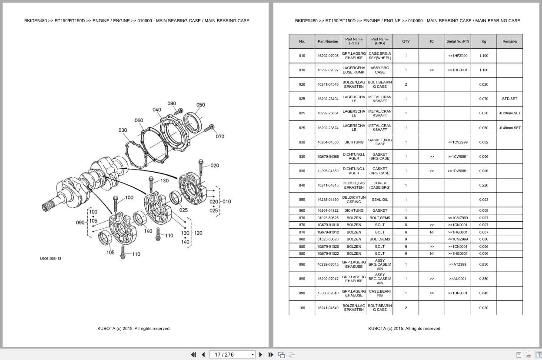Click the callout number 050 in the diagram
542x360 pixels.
tap(200, 105)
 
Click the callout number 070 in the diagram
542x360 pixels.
tap(220, 137)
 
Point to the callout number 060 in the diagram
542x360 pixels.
tap(139, 120)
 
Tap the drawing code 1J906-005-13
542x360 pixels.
tap(50, 259)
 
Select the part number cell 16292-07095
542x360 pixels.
tap(328, 56)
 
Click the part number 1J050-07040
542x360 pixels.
tap(328, 293)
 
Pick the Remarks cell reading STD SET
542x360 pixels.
tap(509, 99)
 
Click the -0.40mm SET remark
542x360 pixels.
tap(509, 128)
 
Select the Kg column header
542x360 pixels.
tap(483, 41)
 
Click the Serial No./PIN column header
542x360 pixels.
tap(457, 41)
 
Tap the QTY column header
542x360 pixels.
tap(406, 41)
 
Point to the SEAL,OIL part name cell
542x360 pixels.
tap(379, 200)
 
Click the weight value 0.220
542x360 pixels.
tap(483, 185)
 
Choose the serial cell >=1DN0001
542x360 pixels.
tap(457, 293)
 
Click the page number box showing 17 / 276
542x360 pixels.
tap(232, 354)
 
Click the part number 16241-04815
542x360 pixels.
tap(328, 185)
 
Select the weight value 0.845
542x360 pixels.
tap(483, 293)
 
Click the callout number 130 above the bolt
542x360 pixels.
tap(164, 180)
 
